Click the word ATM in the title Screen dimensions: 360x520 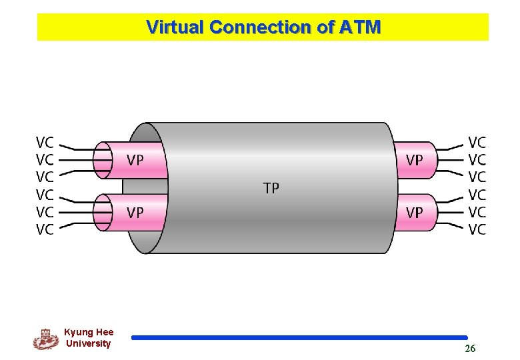coord(360,27)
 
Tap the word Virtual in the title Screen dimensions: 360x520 coord(175,27)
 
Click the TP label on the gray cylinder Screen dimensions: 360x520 coord(271,189)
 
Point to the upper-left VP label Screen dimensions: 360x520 coord(135,160)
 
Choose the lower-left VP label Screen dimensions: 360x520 coord(135,213)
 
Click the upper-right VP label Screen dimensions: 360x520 coord(414,160)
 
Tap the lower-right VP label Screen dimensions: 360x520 coord(414,213)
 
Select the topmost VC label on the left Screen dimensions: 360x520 coord(45,143)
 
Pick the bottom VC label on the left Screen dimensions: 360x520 coord(45,230)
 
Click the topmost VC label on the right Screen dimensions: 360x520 coord(477,143)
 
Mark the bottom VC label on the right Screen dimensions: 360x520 coord(477,230)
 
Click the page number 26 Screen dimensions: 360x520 coord(470,349)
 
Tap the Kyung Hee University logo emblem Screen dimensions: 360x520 coord(45,339)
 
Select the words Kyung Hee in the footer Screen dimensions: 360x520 coord(89,332)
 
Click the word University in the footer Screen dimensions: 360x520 coord(89,343)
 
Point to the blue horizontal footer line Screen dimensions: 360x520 coord(299,338)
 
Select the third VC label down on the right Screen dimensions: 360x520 coord(477,177)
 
